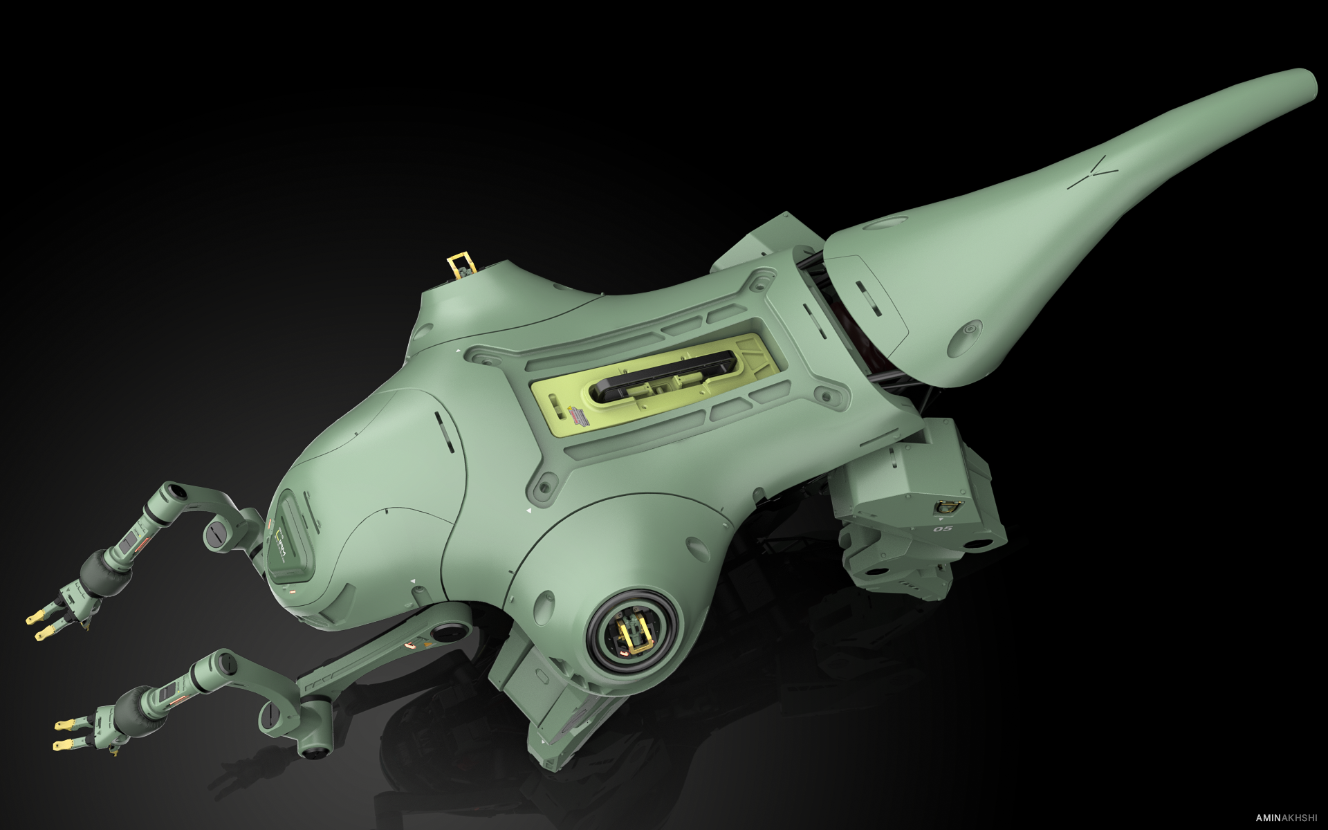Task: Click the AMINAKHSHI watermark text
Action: click(1284, 818)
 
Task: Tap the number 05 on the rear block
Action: click(943, 529)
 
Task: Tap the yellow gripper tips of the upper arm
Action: click(41, 623)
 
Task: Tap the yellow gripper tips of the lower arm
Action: click(66, 734)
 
